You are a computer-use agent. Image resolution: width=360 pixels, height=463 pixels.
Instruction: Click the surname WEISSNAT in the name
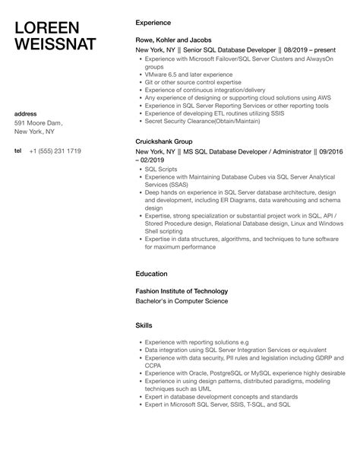coord(55,44)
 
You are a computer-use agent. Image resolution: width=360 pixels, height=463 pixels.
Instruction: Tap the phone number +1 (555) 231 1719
coord(55,151)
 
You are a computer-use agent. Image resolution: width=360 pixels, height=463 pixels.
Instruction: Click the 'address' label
coord(26,114)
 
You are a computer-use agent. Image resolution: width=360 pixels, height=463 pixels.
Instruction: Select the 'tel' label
coord(18,151)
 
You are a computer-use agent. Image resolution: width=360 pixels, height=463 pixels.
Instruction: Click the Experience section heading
coord(153,23)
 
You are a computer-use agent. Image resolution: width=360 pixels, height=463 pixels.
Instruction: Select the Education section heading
coord(151,274)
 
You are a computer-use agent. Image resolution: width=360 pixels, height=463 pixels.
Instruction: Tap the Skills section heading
coord(144,325)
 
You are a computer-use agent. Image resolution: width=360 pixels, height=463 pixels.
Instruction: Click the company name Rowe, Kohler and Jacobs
coord(172,40)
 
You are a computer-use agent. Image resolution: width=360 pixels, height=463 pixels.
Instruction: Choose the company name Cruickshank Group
coord(165,141)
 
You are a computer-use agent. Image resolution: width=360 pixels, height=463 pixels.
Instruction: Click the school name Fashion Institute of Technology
coord(182,290)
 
